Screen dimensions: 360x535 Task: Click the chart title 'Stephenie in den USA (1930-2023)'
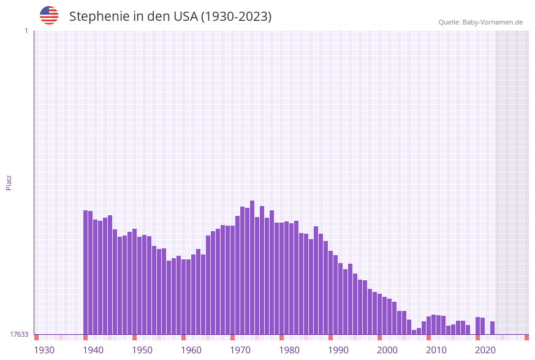pos(170,17)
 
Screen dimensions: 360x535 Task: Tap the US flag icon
pos(49,15)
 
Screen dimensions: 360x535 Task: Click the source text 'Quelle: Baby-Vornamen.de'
pos(480,22)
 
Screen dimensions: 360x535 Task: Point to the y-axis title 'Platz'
pos(9,182)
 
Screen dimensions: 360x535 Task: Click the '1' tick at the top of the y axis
pos(26,31)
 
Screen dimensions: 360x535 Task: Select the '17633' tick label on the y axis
pos(18,334)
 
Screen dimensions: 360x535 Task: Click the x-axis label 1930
pos(44,350)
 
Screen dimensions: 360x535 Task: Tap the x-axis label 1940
pos(93,350)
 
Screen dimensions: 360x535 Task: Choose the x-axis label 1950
pos(142,350)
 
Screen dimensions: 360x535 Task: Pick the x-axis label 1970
pos(240,350)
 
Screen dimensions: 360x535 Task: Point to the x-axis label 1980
pos(289,350)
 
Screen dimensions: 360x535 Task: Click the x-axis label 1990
pos(338,350)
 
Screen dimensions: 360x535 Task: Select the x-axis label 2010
pos(436,350)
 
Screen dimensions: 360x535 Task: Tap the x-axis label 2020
pos(485,350)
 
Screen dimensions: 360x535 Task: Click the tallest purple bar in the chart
pos(252,267)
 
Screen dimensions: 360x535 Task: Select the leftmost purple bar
pos(86,272)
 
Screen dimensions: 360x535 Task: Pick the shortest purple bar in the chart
pos(414,332)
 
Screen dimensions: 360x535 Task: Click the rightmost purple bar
pos(492,327)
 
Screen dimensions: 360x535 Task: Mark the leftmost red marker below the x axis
pos(37,337)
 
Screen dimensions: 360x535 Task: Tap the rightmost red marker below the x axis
pos(526,337)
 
